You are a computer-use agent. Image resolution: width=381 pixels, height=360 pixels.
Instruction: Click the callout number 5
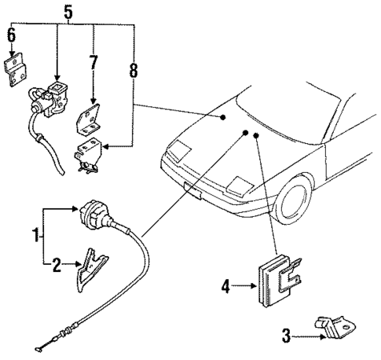[x=68, y=11]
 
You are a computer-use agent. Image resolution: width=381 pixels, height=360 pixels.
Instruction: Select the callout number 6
[x=11, y=35]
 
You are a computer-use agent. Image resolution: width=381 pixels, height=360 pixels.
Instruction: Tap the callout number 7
[x=94, y=62]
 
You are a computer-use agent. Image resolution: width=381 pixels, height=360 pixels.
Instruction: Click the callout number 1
[x=34, y=235]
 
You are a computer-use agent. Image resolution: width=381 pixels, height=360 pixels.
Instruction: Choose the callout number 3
[x=287, y=339]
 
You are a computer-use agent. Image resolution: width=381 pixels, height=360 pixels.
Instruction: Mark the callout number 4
[x=225, y=288]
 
